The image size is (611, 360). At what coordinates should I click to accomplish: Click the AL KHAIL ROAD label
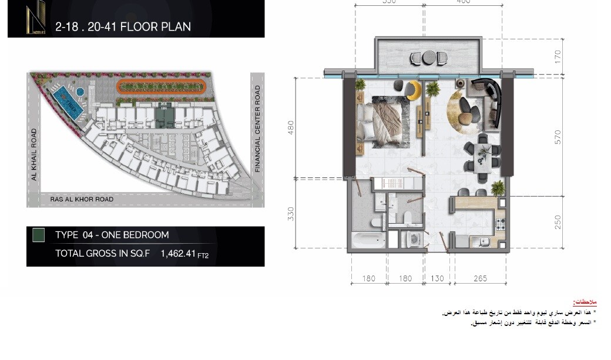[x=34, y=154]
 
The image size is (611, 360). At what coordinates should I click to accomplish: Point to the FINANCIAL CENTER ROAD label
[x=257, y=129]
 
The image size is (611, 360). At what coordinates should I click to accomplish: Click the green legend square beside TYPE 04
[x=38, y=235]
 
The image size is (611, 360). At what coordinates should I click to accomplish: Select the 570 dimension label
[x=558, y=137]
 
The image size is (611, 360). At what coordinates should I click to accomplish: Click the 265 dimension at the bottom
[x=480, y=278]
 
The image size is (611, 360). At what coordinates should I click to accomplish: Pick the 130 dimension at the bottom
[x=437, y=278]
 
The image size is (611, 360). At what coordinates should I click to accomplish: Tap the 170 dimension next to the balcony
[x=558, y=57]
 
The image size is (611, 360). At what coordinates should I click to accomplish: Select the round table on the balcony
[x=428, y=58]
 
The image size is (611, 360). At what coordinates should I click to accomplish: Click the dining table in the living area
[x=484, y=155]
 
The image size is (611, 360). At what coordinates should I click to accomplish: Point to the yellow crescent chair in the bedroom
[x=414, y=90]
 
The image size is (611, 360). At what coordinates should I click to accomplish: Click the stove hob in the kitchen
[x=501, y=224]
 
